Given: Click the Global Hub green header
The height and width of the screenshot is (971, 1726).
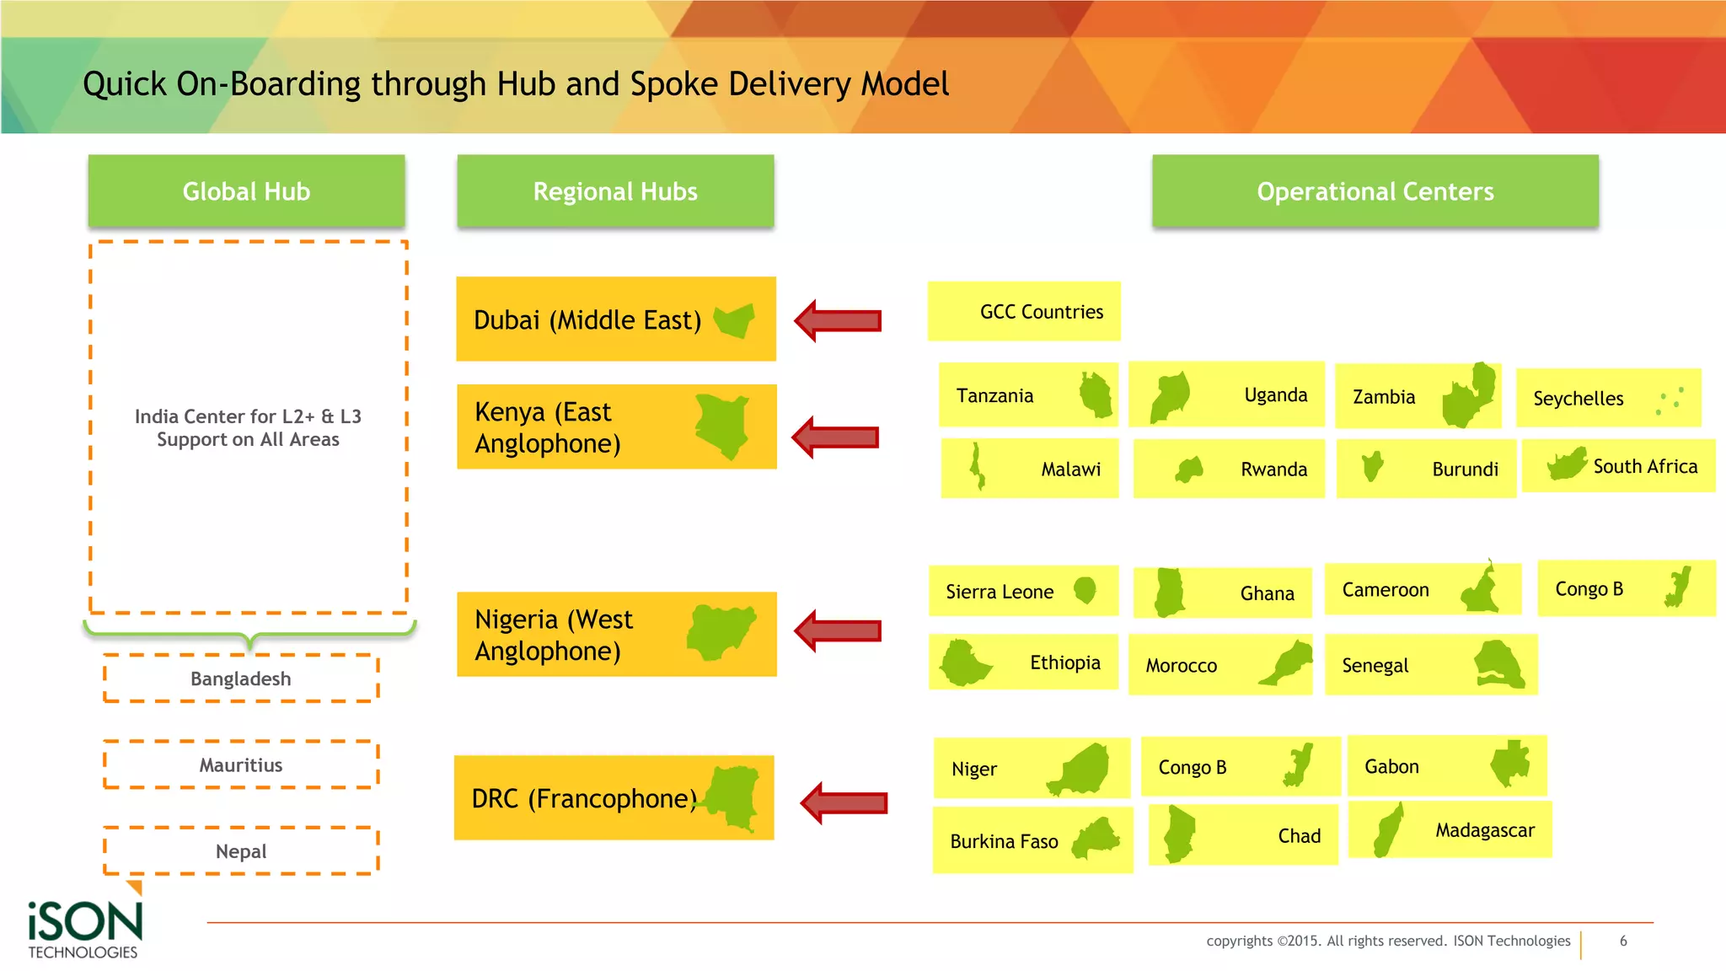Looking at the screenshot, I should tap(246, 191).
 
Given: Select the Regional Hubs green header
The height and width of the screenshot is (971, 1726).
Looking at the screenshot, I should tap(615, 191).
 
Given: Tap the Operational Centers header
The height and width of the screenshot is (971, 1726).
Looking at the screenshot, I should tap(1375, 191).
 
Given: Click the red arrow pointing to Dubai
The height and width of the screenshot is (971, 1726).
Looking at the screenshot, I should tap(839, 321).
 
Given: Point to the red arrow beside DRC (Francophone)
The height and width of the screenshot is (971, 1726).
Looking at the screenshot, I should tap(844, 803).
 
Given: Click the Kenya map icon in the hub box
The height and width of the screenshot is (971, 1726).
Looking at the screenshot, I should tap(723, 426).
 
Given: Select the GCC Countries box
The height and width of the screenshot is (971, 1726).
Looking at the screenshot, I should tap(1024, 312).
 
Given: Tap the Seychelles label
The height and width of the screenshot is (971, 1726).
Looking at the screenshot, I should tap(1578, 399).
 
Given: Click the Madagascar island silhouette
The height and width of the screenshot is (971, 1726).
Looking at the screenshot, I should tap(1388, 830).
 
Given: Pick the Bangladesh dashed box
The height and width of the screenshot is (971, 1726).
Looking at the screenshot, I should tap(241, 679).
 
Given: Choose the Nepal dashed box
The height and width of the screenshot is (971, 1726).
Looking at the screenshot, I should tap(241, 851).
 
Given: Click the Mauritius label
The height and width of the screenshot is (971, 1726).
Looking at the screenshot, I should tap(241, 765).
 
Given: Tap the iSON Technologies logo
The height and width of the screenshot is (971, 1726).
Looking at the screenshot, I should tap(84, 927).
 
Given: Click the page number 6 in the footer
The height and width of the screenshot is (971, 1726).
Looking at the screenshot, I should tap(1623, 941).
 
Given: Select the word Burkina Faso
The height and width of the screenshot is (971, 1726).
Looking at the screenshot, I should tap(1004, 842).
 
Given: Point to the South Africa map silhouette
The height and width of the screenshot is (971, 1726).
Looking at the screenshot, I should tap(1568, 464).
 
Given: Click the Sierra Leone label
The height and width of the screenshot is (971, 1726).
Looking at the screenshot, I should tap(1000, 592).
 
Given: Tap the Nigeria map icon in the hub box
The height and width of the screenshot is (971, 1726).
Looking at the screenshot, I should tap(721, 632).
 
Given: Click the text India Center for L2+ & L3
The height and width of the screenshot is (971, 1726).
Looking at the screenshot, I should tap(248, 416).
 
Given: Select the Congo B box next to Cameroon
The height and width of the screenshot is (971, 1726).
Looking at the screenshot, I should tap(1626, 588).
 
